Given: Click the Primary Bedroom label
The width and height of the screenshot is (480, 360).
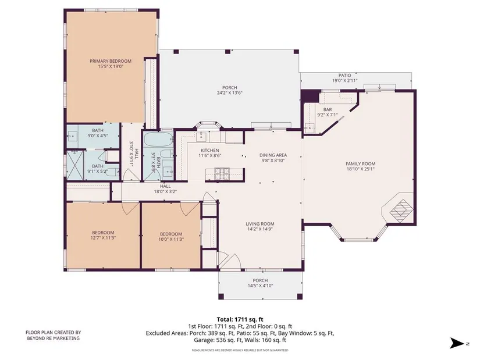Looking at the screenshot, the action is click(x=111, y=61).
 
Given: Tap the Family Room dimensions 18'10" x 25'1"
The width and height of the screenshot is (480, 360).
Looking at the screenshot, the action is click(x=360, y=169).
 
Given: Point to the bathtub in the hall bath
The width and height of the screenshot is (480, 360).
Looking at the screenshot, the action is click(x=155, y=140).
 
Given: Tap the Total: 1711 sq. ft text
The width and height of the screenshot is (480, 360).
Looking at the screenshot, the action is click(x=240, y=320).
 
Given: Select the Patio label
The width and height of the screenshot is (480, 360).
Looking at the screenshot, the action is click(x=344, y=75).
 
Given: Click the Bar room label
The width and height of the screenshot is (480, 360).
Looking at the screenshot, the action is click(x=327, y=109).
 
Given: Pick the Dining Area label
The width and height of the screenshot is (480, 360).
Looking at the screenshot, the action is click(x=273, y=155).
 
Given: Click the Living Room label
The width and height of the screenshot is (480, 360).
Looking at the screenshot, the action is click(x=260, y=224).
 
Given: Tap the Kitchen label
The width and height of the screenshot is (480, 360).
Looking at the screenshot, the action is click(x=209, y=150).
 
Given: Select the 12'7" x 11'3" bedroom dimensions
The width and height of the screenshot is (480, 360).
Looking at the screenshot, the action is click(x=103, y=237).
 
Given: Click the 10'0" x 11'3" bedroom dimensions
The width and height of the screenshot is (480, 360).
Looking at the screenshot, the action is click(x=171, y=239).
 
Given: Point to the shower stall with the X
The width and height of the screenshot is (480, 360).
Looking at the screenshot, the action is click(x=75, y=165).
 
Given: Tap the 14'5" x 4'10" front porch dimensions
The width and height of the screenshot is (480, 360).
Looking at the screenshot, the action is click(x=260, y=286).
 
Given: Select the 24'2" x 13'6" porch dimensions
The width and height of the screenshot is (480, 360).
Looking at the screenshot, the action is click(x=230, y=92).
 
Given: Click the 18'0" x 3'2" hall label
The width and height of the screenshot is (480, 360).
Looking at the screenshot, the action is click(x=165, y=191).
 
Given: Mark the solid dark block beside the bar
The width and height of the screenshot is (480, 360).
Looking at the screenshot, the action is click(x=310, y=96).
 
